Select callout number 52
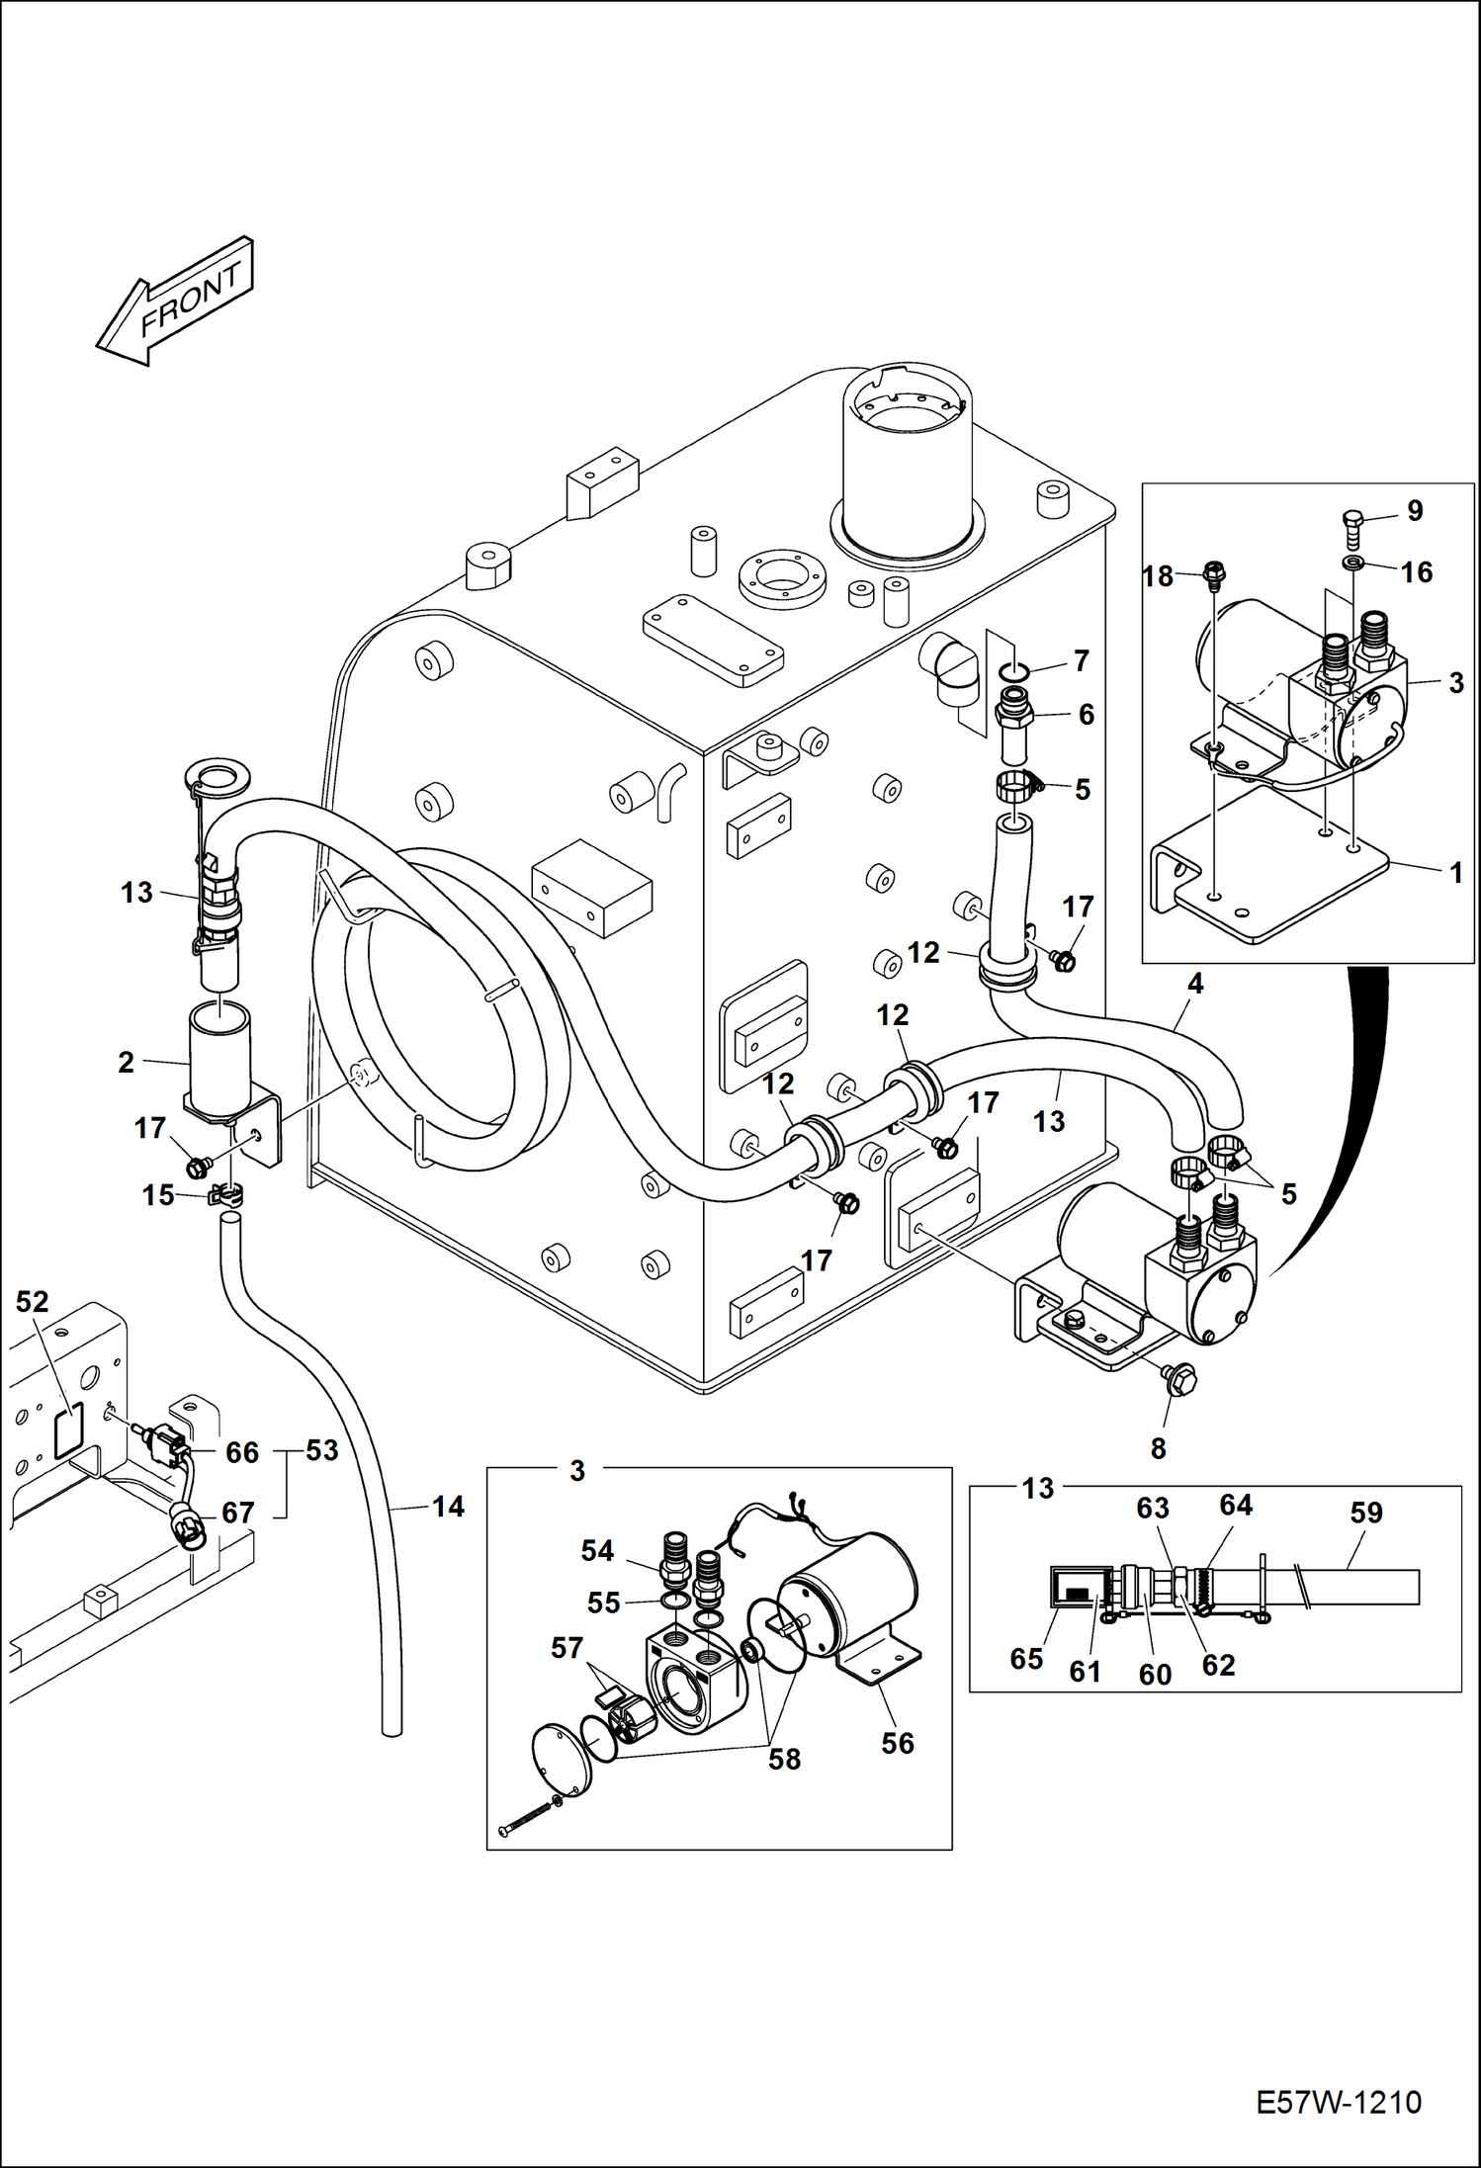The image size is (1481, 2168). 33,1301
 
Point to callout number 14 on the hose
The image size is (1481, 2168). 448,1507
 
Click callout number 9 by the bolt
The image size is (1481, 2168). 1415,510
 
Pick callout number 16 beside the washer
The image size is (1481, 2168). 1417,571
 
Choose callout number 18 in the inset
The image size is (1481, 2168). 1158,575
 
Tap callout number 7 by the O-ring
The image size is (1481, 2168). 1081,659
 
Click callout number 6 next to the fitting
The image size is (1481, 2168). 1086,714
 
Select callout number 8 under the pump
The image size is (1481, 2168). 1159,1448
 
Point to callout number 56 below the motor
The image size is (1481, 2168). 898,1743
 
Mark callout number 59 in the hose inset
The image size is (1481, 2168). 1366,1512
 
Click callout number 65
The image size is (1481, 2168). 1026,1658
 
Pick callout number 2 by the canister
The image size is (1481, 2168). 126,1062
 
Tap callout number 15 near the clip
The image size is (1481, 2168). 158,1195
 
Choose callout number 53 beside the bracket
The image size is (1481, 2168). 322,1450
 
